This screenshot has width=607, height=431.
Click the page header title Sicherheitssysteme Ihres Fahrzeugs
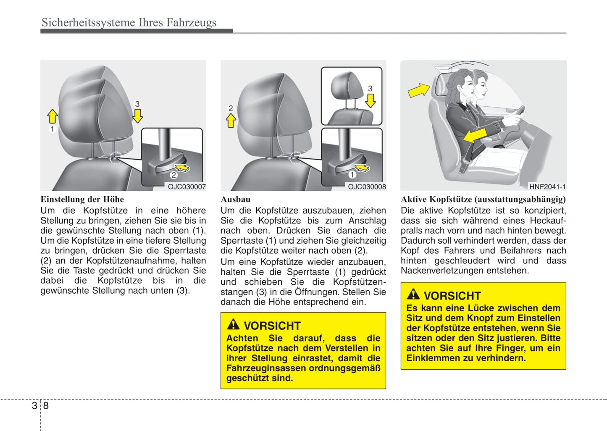pos(129,22)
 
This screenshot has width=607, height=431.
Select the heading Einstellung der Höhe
pos(82,199)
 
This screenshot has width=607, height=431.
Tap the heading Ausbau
pos(235,199)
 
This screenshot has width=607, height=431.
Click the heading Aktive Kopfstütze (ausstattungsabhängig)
pos(483,199)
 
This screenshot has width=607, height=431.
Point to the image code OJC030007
pos(187,187)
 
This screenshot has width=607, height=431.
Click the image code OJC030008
pos(366,187)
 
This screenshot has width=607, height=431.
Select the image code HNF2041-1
pos(547,187)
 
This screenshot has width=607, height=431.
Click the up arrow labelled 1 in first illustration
pos(53,116)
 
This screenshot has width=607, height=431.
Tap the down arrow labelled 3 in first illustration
pos(137,115)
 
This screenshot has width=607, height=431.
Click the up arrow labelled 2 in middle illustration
pos(231,121)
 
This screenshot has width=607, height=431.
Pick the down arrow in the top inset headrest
pos(370,100)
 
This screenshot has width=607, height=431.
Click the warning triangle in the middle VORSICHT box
pos(233,325)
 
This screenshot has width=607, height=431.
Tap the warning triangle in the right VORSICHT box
pos(413,294)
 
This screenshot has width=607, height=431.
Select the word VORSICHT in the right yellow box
pos(452,296)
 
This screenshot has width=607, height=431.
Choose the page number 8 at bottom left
pos(46,406)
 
